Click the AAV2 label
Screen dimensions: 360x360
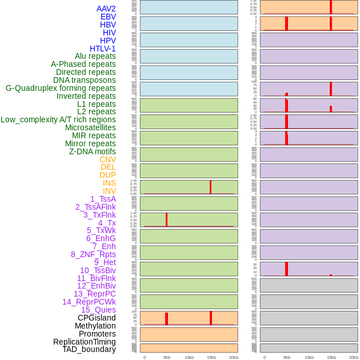[106, 9]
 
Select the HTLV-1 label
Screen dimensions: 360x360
[103, 49]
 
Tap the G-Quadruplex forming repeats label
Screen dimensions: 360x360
[61, 88]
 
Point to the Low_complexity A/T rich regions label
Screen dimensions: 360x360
[58, 119]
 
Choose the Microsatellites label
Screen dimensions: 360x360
[90, 127]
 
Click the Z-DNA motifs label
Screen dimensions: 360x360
[93, 151]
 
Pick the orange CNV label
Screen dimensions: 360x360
[107, 159]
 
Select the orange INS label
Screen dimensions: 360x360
[109, 183]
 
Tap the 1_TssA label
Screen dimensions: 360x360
[103, 199]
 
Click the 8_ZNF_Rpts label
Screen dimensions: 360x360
[93, 254]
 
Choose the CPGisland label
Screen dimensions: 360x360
[97, 318]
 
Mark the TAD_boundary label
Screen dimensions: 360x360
[89, 349]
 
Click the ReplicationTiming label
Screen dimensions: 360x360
[85, 342]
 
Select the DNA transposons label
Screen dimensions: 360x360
[85, 80]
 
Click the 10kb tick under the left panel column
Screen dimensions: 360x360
[189, 357]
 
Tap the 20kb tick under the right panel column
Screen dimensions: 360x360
[354, 357]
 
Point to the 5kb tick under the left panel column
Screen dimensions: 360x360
[167, 357]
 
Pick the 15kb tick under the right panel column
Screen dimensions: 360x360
[331, 357]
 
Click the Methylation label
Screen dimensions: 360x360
[95, 326]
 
